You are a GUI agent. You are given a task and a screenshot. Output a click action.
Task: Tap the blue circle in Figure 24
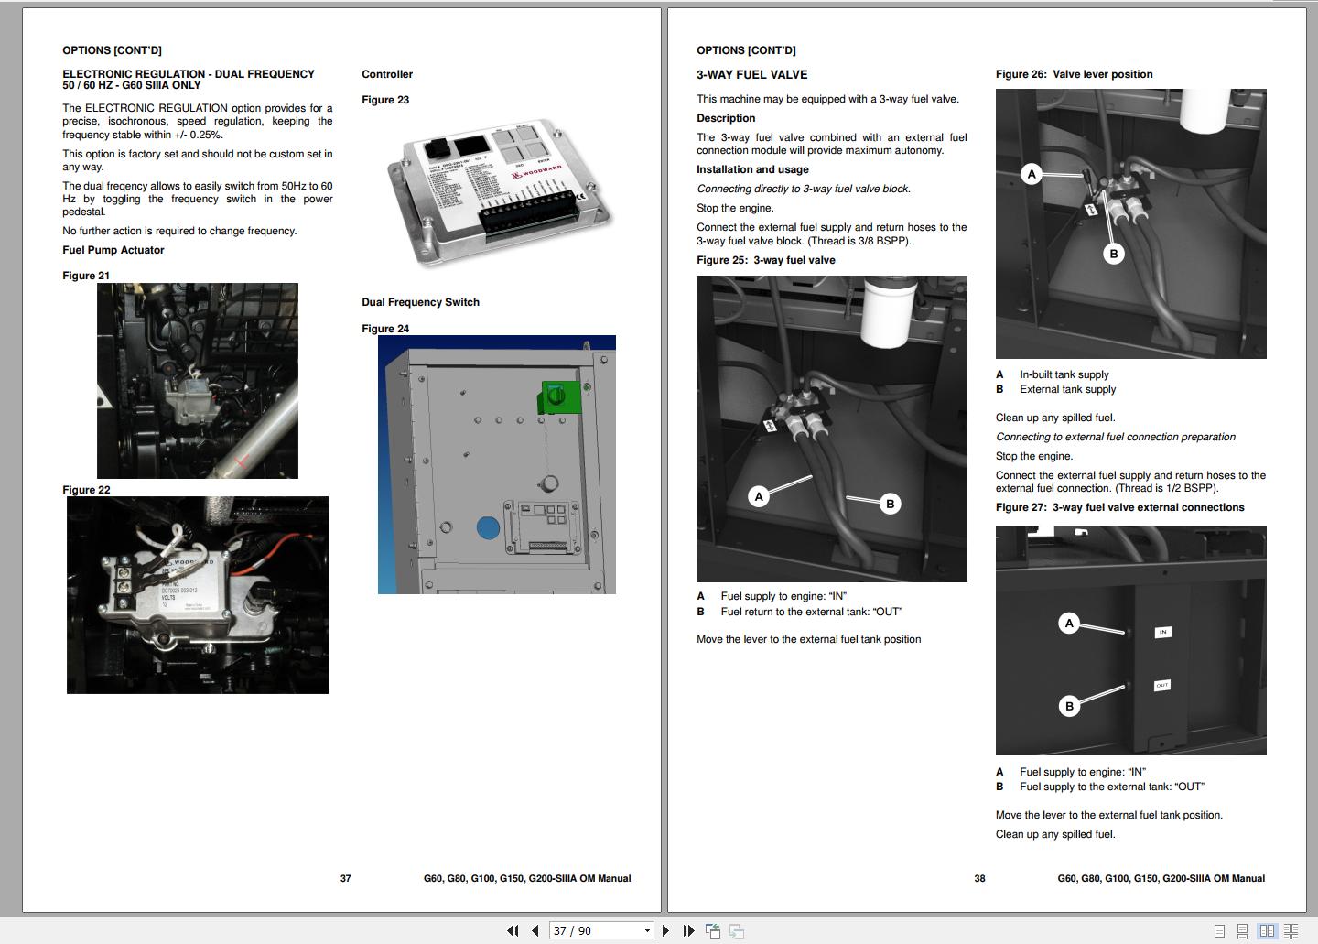click(x=488, y=528)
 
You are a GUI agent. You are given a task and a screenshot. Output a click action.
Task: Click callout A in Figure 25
click(x=758, y=496)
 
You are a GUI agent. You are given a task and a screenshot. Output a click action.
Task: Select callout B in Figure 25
click(x=890, y=504)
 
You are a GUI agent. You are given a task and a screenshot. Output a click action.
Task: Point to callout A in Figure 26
click(x=1032, y=174)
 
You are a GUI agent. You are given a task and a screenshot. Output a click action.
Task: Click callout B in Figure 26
click(x=1113, y=254)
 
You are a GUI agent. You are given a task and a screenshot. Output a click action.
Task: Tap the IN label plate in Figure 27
click(x=1162, y=632)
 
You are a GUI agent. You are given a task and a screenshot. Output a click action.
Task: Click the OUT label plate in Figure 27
click(x=1161, y=685)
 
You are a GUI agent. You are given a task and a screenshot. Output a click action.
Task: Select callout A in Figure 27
click(x=1069, y=624)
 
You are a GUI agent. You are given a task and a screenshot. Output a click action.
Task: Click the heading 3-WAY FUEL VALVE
click(x=751, y=75)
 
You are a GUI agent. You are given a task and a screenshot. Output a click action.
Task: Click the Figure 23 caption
click(x=385, y=100)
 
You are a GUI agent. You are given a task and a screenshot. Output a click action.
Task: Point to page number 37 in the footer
click(x=345, y=878)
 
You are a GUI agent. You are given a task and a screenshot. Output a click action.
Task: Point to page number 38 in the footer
click(x=979, y=878)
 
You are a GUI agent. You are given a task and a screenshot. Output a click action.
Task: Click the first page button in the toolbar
click(x=513, y=930)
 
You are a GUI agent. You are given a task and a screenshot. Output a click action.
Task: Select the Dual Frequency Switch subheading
click(x=420, y=302)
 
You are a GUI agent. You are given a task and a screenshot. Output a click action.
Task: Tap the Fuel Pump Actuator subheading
click(x=113, y=250)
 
